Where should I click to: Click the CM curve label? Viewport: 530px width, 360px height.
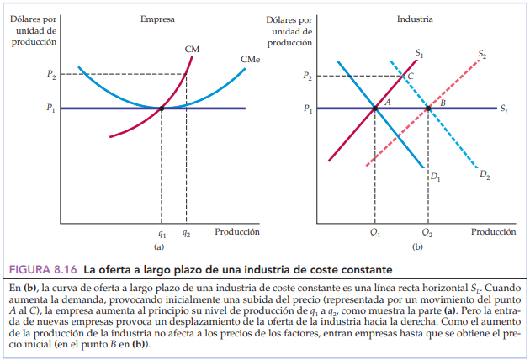[x=192, y=50]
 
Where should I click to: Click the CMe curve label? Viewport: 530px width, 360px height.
[x=248, y=60]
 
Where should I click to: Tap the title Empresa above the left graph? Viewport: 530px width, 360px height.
[x=157, y=19]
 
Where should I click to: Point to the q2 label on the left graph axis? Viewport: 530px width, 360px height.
[x=186, y=235]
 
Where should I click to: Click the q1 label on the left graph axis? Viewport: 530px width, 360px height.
[x=162, y=235]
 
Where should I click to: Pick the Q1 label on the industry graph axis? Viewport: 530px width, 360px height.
[x=375, y=235]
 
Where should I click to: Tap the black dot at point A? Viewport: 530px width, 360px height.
[x=375, y=108]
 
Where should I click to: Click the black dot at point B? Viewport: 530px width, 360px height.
[x=428, y=108]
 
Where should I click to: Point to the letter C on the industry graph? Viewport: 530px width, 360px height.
[x=410, y=76]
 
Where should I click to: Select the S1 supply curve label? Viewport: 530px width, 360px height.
[x=419, y=54]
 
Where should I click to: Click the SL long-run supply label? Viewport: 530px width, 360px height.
[x=504, y=109]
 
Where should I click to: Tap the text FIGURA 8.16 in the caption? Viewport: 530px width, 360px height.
[x=43, y=269]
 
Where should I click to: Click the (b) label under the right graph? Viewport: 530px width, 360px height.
[x=416, y=248]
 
